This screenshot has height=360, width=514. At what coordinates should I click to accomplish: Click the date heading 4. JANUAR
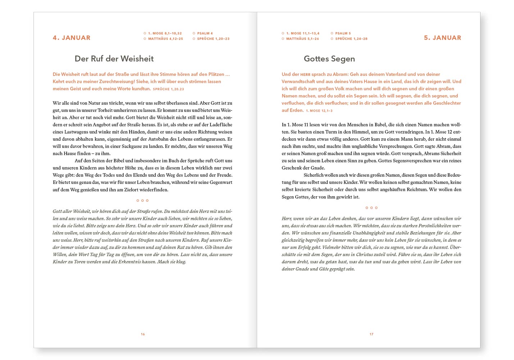click(72, 38)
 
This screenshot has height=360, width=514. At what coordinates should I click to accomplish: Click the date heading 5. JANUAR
click(442, 38)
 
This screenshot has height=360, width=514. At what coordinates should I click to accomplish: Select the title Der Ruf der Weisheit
click(114, 59)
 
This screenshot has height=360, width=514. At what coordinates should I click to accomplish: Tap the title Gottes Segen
click(329, 59)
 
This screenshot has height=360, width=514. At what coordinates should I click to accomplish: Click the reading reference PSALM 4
click(205, 33)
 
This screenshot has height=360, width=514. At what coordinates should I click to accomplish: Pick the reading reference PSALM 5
click(343, 33)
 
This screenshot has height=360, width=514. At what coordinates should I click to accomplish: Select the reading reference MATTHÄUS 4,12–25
click(165, 39)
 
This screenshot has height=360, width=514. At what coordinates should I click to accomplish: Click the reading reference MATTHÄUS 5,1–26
click(303, 39)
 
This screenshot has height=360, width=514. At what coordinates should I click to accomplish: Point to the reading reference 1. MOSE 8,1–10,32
click(165, 33)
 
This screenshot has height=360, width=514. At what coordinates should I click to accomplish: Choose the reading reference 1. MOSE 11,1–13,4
click(303, 33)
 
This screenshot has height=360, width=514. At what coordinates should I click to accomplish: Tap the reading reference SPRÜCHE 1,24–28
click(351, 39)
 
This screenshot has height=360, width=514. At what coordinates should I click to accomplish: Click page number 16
click(143, 334)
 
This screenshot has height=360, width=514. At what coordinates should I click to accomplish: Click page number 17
click(372, 334)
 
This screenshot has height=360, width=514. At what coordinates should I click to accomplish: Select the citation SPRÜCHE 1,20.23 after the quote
click(168, 89)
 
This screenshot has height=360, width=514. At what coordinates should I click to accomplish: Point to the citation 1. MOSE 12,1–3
click(319, 111)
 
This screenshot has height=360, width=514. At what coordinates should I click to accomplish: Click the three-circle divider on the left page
click(142, 201)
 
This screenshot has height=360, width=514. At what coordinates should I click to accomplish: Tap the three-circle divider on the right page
click(372, 208)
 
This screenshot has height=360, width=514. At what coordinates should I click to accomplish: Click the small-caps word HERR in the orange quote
click(305, 75)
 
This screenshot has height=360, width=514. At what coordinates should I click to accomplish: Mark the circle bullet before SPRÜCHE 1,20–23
click(194, 39)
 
